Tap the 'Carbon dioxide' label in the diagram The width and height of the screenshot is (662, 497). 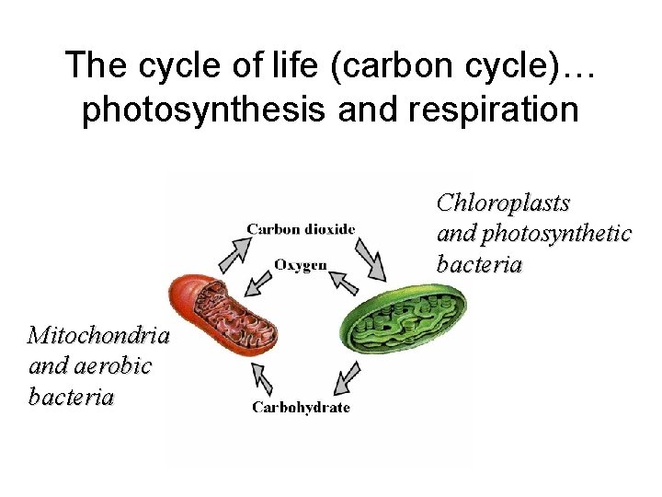(301, 228)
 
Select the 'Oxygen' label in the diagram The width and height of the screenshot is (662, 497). (300, 265)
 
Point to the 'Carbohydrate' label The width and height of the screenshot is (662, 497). (301, 407)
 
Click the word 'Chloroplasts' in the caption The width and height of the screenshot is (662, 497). (503, 202)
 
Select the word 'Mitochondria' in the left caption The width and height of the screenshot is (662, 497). (98, 334)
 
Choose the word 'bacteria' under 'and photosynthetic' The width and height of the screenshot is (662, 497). (479, 265)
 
